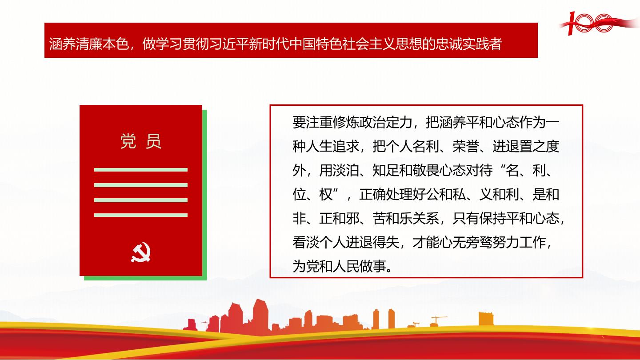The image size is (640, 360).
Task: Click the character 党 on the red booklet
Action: pos(128,141)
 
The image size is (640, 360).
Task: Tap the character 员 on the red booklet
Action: pos(153,141)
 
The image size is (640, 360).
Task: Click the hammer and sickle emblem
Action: pos(141,252)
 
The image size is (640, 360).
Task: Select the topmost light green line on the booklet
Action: pos(141,170)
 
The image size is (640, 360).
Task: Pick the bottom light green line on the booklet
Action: pos(141,215)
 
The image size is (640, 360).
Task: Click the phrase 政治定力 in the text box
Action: pos(385,122)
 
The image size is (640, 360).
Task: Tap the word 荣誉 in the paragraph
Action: pos(466,146)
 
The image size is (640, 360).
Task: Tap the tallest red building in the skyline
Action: pos(260,316)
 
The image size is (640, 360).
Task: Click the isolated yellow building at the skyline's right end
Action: pos(486,319)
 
